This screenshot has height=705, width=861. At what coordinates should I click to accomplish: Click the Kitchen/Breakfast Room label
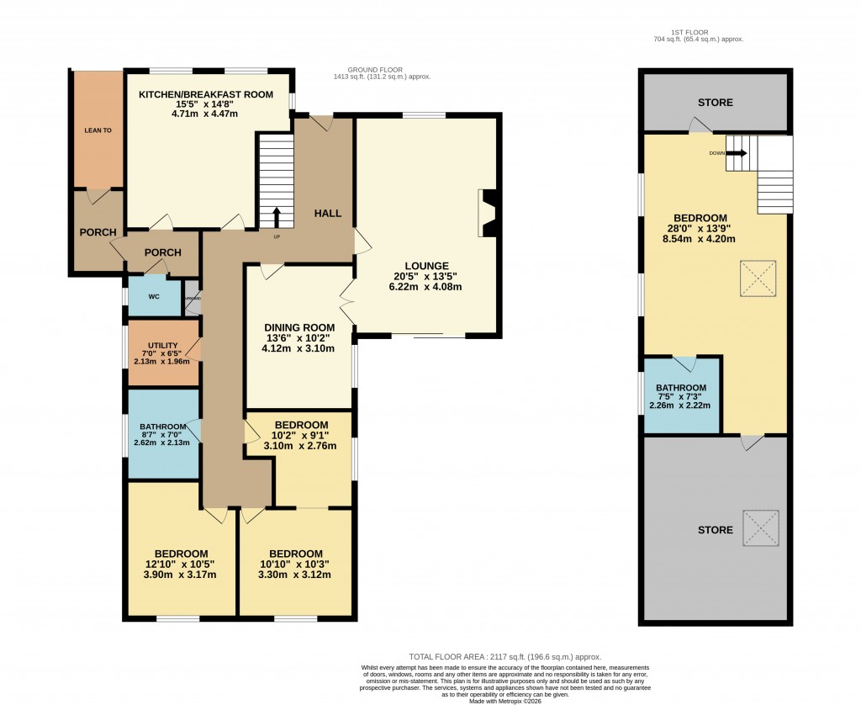(x=206, y=94)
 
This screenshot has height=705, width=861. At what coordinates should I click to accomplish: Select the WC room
(x=153, y=296)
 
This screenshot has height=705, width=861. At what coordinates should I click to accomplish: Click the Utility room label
(x=162, y=346)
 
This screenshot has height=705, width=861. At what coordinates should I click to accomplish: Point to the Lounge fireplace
(x=487, y=214)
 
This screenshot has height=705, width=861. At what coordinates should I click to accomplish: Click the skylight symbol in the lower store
(x=761, y=529)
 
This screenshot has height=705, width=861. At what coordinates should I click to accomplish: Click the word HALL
(x=327, y=214)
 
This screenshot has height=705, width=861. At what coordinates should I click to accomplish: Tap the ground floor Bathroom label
(x=162, y=427)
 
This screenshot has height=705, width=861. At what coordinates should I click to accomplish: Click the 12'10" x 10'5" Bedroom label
(x=181, y=553)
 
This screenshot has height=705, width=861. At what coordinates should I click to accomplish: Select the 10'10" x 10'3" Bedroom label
(x=296, y=553)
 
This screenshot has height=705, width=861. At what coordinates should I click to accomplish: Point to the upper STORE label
(x=715, y=103)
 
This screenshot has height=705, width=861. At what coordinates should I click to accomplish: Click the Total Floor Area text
(x=504, y=657)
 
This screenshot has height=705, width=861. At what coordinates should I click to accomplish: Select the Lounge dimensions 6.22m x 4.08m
(x=426, y=287)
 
